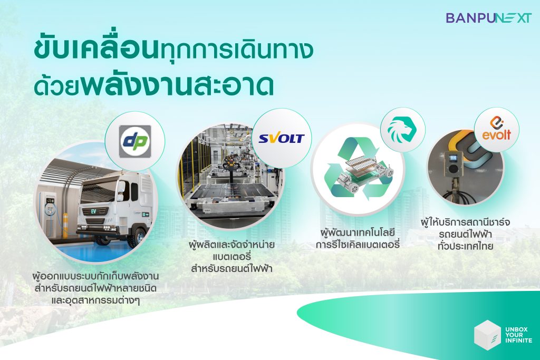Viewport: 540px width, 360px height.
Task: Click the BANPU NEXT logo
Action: click(489, 18)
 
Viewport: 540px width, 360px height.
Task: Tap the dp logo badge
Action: click(134, 141)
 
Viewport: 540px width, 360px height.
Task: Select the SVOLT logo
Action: click(282, 139)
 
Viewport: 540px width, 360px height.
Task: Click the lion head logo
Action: click(402, 130)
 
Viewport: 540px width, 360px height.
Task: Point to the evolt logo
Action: click(496, 129)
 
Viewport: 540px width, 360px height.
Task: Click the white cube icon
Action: click(487, 335)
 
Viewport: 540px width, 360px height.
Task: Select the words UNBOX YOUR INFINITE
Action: click(519, 335)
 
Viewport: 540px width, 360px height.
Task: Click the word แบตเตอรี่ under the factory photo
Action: click(232, 257)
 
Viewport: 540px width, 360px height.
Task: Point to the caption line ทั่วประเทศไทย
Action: click(465, 246)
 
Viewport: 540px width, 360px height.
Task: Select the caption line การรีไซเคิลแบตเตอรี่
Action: click(358, 245)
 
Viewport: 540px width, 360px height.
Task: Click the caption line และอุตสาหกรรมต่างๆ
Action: click(95, 300)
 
